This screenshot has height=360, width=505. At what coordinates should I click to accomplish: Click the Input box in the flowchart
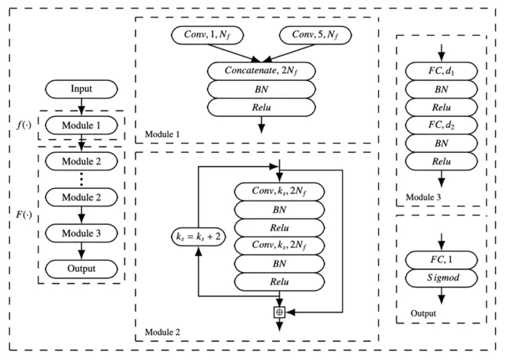pos(82,90)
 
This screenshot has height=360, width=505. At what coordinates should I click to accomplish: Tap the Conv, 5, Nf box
pos(315,33)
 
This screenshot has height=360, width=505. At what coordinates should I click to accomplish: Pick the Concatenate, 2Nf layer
pos(262,72)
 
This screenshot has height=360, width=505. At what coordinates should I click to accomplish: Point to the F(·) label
pos(23,215)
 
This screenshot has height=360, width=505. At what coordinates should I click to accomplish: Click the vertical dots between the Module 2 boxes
pos(82,178)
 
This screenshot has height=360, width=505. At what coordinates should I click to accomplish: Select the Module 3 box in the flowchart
pos(82,232)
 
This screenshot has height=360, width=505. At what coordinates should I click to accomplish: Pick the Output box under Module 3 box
pos(82,269)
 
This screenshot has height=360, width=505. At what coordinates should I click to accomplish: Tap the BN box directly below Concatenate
pos(262,90)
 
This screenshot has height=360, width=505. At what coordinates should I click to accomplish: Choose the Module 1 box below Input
pos(82,123)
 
